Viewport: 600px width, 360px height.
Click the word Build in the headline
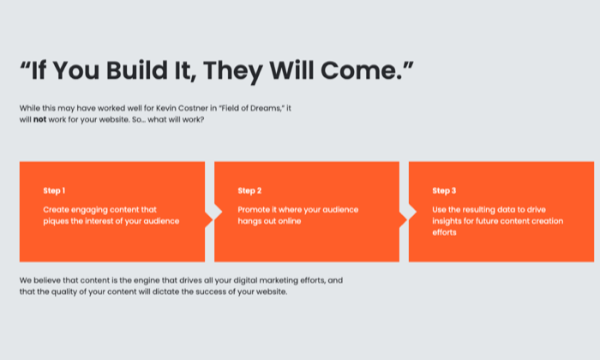pos(137,71)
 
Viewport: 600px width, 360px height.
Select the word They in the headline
pos(233,72)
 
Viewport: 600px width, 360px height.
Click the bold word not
pos(39,120)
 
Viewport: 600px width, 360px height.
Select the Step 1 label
pos(54,190)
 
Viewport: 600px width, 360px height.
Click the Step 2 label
pos(249,190)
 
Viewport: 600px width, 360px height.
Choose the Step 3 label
pos(444,190)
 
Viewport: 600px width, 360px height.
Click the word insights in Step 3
pos(447,221)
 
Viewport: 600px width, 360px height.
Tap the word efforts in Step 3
pos(444,232)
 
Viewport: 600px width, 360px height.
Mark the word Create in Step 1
pos(56,210)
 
